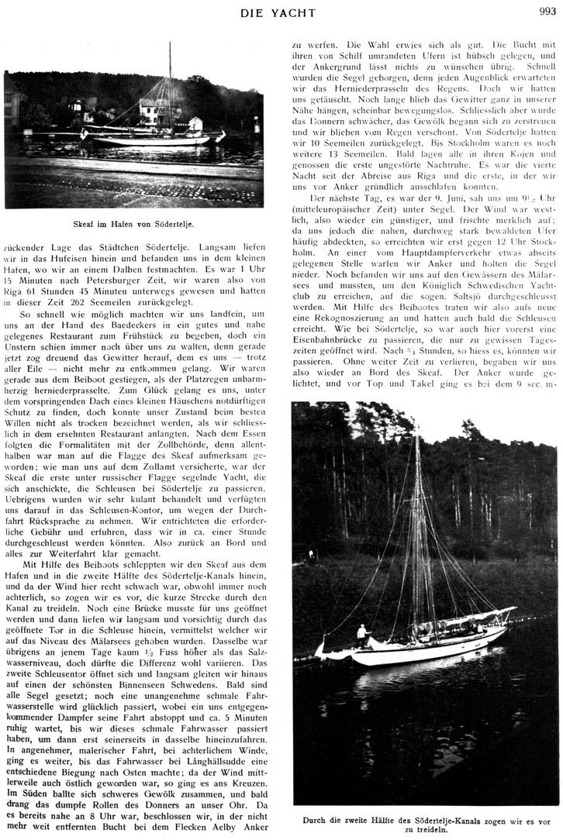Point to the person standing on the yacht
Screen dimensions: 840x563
tap(361, 633)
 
